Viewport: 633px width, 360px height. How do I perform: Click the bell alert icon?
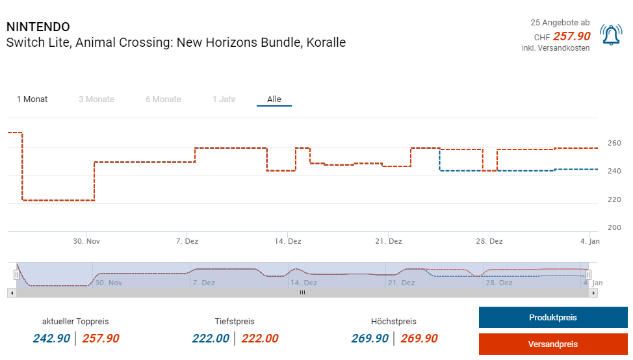tap(611, 35)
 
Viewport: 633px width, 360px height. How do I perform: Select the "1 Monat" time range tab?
tap(32, 99)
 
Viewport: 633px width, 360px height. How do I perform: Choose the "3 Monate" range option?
tap(96, 99)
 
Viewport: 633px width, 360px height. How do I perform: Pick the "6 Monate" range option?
tap(163, 99)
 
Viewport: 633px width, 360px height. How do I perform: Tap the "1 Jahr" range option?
tap(224, 99)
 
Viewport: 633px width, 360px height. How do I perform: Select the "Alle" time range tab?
tap(274, 99)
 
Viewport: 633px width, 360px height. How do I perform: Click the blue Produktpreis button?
tap(553, 318)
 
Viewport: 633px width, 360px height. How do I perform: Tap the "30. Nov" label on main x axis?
tap(86, 241)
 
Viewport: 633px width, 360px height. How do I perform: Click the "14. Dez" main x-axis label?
tap(287, 241)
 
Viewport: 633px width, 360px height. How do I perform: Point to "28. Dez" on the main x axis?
tap(489, 241)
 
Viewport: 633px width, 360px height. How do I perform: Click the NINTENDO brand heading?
tap(38, 27)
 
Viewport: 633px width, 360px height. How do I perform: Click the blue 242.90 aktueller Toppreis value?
tap(51, 339)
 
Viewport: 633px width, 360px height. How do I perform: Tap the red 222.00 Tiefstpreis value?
tap(260, 339)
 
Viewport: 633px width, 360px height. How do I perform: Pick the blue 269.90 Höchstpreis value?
tap(370, 339)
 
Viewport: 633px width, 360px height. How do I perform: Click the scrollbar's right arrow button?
tap(594, 293)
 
